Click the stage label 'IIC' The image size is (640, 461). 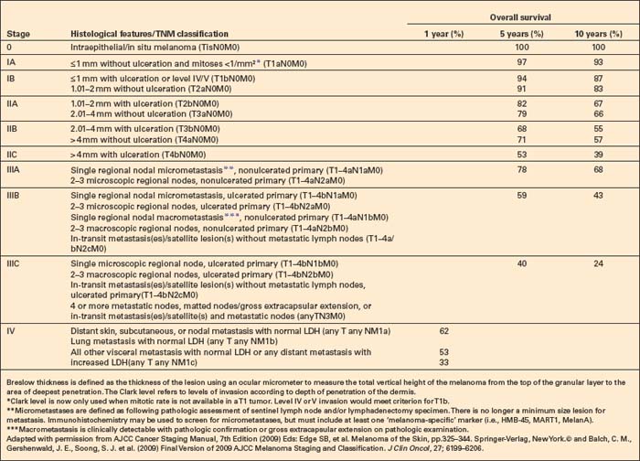click(13, 156)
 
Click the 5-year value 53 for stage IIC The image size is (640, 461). click(519, 156)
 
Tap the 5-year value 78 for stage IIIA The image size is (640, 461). click(519, 170)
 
